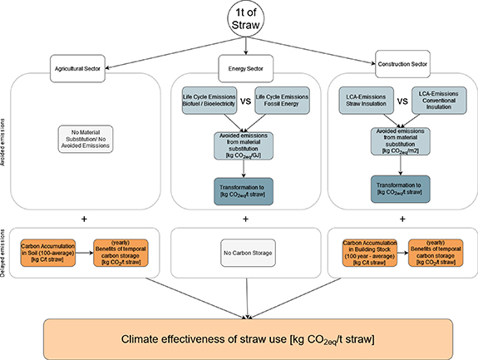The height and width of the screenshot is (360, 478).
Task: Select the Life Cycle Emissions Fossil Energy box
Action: tap(281, 101)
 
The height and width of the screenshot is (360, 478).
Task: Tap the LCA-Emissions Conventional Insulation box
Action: tap(438, 101)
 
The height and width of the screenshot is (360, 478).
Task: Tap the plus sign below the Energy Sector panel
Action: tap(245, 219)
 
